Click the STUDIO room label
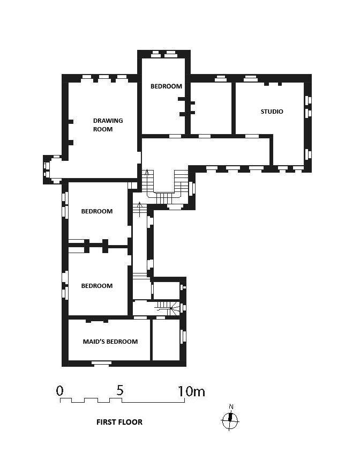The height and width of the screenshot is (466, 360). [272, 112]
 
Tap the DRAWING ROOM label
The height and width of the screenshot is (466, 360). [108, 125]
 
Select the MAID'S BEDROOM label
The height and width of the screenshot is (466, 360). [110, 342]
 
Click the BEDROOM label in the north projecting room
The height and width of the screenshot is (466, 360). [166, 86]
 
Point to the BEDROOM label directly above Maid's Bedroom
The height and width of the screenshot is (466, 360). [97, 286]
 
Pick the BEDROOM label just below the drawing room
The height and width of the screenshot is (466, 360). [97, 211]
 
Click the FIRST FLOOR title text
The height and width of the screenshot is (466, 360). [119, 422]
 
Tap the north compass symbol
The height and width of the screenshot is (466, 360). [230, 420]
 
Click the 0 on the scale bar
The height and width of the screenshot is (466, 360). [59, 390]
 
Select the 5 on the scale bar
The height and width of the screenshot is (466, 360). [119, 390]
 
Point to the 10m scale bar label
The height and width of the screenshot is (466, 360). [191, 391]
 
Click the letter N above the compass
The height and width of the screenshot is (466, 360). [231, 407]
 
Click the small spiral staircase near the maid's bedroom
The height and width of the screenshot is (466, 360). [168, 308]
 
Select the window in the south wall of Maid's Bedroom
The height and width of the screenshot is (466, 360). [101, 363]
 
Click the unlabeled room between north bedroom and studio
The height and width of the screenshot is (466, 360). [211, 108]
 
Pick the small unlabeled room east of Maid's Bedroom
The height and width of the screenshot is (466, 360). [166, 339]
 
